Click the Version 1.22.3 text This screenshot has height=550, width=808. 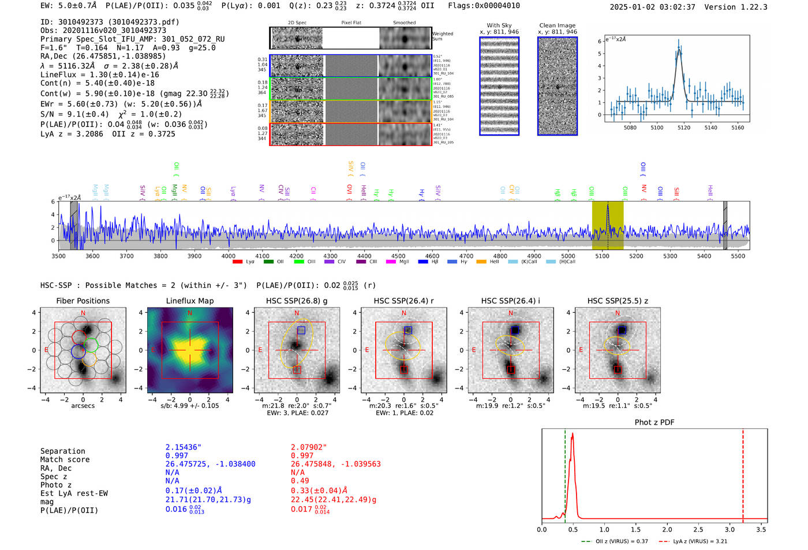744,7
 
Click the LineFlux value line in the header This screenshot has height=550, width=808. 99,74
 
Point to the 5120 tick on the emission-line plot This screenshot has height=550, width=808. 684,128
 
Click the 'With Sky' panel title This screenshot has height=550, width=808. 499,25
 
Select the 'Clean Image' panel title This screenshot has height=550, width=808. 557,25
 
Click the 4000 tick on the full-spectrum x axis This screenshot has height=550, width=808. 229,256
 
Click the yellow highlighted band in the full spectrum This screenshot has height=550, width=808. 607,225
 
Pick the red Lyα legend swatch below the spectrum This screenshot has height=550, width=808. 237,262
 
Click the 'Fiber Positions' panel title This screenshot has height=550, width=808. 83,301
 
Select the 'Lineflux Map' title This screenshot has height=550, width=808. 189,301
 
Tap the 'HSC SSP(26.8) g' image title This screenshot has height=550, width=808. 296,301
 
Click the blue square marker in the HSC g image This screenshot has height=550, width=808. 301,330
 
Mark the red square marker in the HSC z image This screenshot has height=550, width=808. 618,369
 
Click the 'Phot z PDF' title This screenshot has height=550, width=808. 654,422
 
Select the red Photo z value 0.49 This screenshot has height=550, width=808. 300,481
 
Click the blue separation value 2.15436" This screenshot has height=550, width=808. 183,447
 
